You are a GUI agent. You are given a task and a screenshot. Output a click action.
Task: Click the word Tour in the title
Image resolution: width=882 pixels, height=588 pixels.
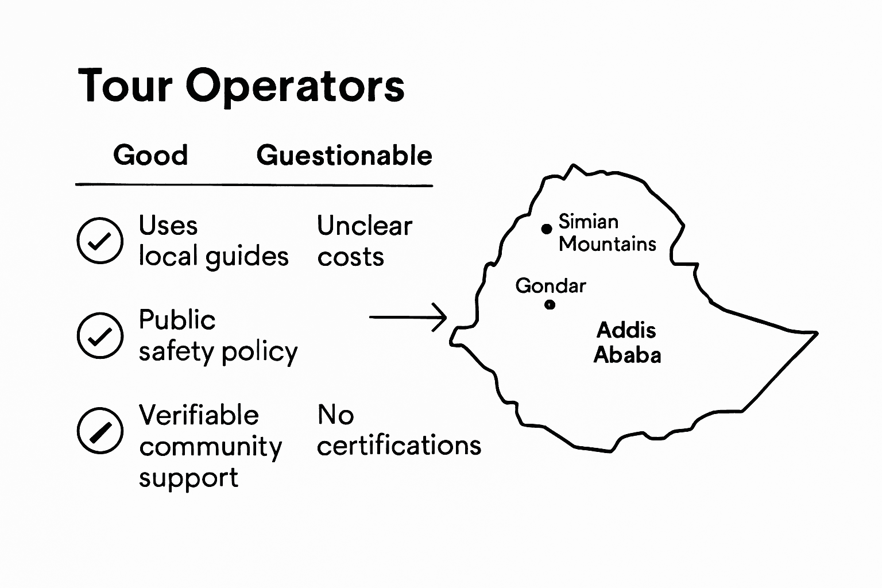pyautogui.click(x=125, y=86)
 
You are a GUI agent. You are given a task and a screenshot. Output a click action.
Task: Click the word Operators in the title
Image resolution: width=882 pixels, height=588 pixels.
pyautogui.click(x=295, y=87)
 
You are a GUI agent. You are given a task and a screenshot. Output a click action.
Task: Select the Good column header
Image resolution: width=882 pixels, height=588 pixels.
pyautogui.click(x=150, y=155)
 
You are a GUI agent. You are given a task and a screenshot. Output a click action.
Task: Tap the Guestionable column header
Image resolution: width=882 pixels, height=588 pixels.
pyautogui.click(x=345, y=155)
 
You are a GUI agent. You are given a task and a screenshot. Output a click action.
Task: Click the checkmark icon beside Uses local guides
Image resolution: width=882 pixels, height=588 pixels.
pyautogui.click(x=100, y=241)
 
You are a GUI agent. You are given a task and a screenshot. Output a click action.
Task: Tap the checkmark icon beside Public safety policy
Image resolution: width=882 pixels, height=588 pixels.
pyautogui.click(x=100, y=335)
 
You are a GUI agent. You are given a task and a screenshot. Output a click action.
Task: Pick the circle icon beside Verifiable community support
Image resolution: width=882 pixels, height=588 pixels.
pyautogui.click(x=100, y=431)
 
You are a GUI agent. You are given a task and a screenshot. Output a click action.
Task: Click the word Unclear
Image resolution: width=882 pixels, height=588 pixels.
pyautogui.click(x=365, y=226)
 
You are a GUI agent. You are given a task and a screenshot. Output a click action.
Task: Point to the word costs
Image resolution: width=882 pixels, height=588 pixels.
pyautogui.click(x=350, y=257)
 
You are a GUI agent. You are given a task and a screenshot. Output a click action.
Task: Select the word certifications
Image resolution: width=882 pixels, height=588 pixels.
pyautogui.click(x=399, y=445)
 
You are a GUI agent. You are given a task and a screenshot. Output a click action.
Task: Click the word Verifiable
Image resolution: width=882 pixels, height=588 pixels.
pyautogui.click(x=199, y=415)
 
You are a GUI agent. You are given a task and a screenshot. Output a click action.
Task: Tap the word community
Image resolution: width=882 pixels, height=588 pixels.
pyautogui.click(x=210, y=447)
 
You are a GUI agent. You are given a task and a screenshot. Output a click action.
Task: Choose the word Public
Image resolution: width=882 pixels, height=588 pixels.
pyautogui.click(x=177, y=320)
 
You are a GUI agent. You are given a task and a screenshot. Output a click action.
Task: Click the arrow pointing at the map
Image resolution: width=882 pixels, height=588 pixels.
pyautogui.click(x=408, y=317)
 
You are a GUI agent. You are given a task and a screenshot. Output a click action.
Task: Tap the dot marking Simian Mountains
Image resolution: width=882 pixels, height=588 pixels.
pyautogui.click(x=547, y=229)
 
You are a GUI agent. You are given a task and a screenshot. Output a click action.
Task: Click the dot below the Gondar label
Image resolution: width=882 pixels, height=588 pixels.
pyautogui.click(x=550, y=304)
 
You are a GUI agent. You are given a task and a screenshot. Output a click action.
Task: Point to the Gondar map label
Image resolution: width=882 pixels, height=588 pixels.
pyautogui.click(x=551, y=285)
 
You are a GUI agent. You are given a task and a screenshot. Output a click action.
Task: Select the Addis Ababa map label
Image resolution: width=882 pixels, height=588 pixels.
pyautogui.click(x=627, y=342)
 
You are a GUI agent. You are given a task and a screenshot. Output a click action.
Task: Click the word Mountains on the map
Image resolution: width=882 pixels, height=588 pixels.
pyautogui.click(x=608, y=244)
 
